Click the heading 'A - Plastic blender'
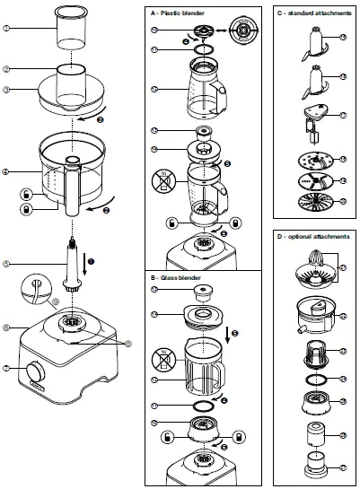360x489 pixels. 183,14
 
